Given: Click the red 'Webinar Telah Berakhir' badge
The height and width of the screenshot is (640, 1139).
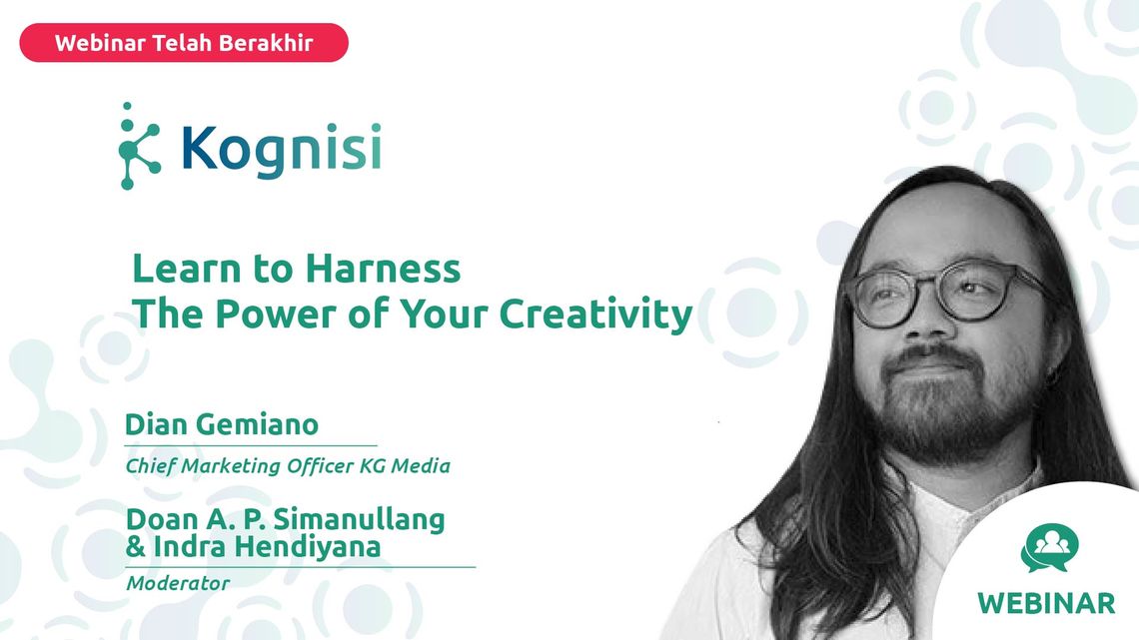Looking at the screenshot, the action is (x=184, y=42).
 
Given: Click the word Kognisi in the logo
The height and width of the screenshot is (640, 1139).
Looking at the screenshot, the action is (x=281, y=150).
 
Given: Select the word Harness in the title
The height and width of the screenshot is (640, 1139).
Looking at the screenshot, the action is (x=383, y=269).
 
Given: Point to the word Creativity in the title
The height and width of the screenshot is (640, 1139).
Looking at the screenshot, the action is (x=595, y=315).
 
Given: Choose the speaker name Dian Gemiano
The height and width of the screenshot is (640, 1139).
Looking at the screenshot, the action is (x=222, y=424).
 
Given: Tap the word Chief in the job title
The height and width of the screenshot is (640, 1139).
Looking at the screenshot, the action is (x=150, y=466).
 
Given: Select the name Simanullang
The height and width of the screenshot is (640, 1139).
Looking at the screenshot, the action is (x=359, y=519).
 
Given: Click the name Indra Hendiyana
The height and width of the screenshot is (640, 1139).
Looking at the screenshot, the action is (x=267, y=546).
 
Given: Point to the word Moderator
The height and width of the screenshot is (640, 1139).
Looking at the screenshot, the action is (x=178, y=583).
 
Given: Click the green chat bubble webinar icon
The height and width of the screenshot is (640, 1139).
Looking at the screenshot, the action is (x=1049, y=548).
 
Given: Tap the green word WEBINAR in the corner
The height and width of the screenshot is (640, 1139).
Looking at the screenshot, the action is (x=1046, y=603).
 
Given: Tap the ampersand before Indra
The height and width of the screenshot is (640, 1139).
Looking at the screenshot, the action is (x=135, y=546).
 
